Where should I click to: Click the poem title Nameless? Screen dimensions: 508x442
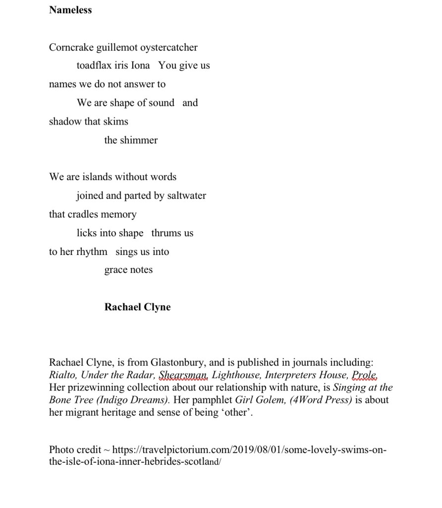70,10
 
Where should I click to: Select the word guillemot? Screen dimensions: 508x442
117,48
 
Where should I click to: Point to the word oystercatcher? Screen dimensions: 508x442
169,48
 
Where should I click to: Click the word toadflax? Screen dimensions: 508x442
96,65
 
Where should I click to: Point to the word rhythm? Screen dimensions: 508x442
92,252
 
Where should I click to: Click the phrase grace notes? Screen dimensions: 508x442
128,270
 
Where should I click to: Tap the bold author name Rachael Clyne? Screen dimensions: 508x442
137,307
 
